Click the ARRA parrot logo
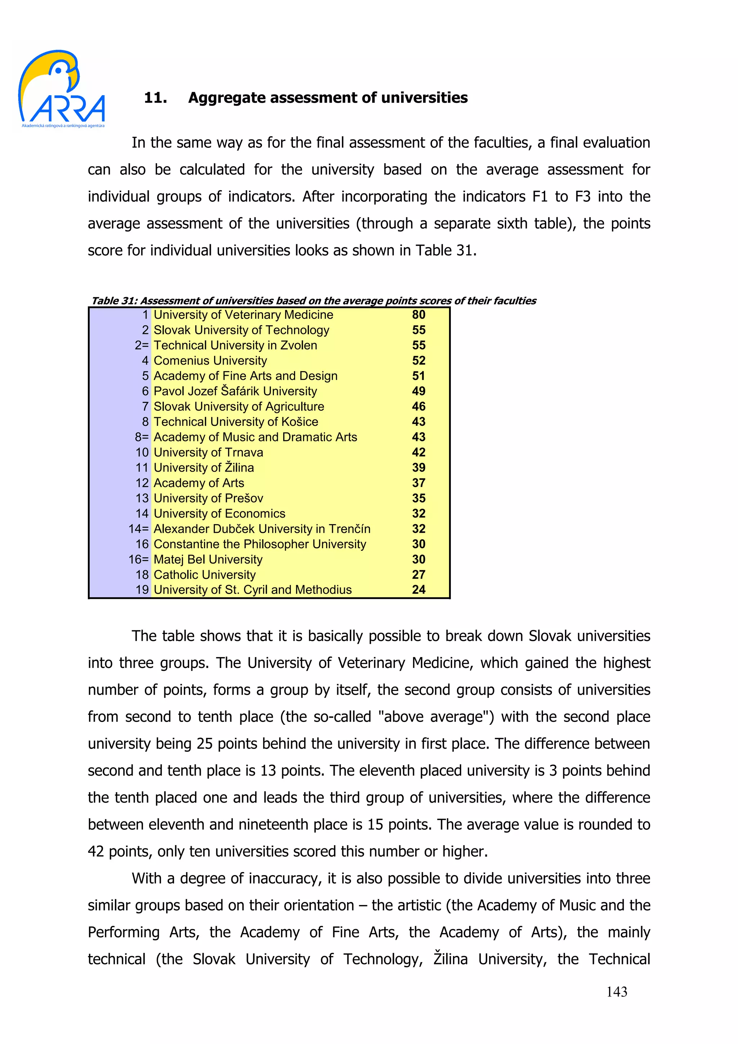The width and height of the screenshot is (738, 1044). coord(61,89)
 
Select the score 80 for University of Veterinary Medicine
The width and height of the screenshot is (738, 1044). coord(418,314)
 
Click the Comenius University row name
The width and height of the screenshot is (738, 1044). coord(210,361)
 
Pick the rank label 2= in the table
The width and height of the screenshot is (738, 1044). coord(141,345)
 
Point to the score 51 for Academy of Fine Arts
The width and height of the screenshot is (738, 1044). coord(418,376)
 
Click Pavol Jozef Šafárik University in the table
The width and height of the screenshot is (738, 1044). coord(235,391)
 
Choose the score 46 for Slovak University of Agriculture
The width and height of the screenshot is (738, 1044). coord(418,406)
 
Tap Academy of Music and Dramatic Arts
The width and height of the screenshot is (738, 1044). coord(255,437)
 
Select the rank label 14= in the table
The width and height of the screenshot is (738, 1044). coord(138,529)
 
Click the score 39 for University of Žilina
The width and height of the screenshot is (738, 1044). coord(418,468)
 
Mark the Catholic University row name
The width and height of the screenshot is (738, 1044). coord(205,575)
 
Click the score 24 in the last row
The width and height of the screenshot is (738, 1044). coord(418,590)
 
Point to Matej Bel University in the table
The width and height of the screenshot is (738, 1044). coord(208,559)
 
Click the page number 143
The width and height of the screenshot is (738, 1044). coord(617,992)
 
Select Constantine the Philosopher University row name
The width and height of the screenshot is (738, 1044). coord(260,544)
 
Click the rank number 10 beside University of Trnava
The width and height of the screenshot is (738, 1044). coord(142,452)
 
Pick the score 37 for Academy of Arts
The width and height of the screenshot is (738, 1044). coord(418,483)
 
